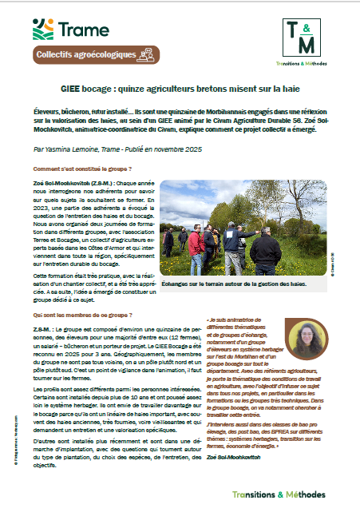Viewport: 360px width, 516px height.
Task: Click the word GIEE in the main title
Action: click(x=75, y=86)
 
